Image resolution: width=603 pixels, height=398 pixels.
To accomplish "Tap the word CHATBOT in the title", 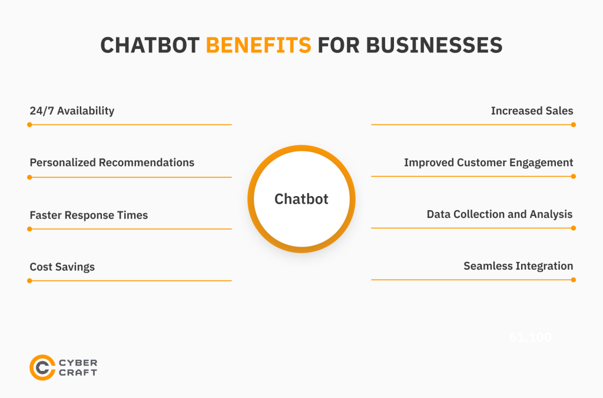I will point(150,45).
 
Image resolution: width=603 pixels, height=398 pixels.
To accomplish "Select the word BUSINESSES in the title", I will point(435,45).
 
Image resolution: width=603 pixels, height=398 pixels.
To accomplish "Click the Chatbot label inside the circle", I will point(301,199).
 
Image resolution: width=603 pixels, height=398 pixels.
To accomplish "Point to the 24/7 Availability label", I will point(72,111).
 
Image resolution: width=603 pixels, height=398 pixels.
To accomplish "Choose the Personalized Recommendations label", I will point(112,162).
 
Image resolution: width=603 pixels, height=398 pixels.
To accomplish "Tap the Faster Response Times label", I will point(89,215).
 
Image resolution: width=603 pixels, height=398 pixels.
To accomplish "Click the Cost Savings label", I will point(62,267).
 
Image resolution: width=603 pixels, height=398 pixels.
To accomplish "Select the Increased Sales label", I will point(532,111).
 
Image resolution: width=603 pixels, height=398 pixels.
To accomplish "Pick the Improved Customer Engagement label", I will point(488,162).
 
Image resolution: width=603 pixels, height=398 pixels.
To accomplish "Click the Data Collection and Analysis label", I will point(499,214).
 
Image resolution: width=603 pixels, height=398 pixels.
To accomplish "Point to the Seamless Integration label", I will point(518,266).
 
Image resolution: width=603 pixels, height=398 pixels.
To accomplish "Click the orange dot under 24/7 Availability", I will point(29,125).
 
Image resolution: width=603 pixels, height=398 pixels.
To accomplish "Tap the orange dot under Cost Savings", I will point(29,281).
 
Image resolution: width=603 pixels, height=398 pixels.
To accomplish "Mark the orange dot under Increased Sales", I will point(574,125).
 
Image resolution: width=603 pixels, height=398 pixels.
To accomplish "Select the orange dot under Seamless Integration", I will point(574,280).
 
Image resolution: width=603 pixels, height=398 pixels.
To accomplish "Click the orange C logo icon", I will point(42,367).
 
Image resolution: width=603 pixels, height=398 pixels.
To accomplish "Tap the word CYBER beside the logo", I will point(78,363).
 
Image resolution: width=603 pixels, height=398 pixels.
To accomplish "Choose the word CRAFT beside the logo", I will point(78,373).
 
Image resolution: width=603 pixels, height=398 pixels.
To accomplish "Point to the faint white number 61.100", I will point(531,338).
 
